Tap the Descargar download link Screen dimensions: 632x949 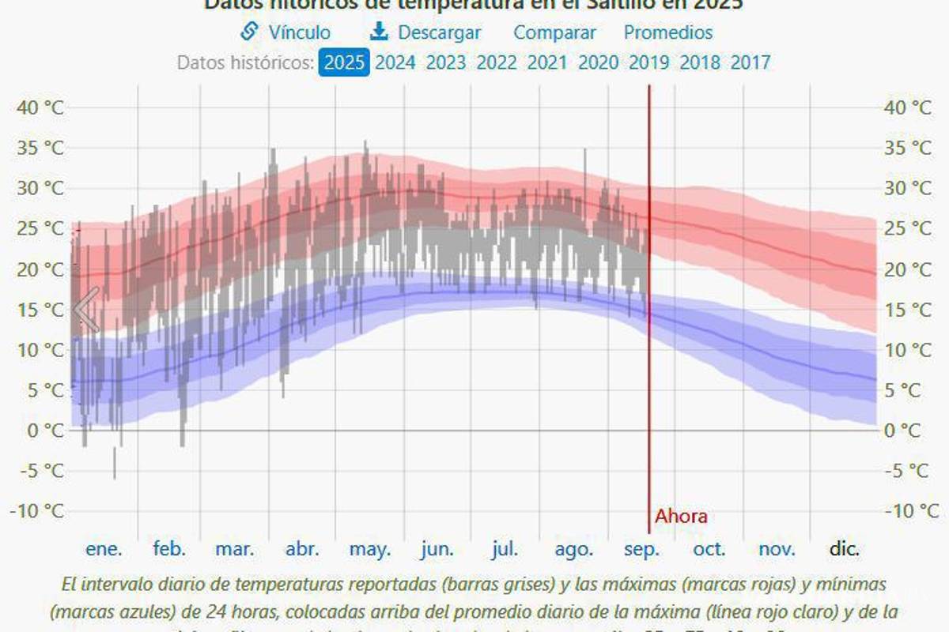[439, 32]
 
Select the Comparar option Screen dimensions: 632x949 [554, 32]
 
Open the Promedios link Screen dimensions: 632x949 [668, 32]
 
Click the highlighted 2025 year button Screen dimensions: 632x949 [344, 62]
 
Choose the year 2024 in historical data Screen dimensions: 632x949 [395, 62]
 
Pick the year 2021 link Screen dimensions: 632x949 [547, 62]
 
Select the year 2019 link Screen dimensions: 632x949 [648, 62]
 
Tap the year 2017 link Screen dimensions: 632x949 [750, 62]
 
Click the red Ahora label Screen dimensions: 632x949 [681, 517]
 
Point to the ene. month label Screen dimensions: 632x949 [104, 549]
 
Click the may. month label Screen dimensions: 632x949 [369, 549]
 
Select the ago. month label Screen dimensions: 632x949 [573, 549]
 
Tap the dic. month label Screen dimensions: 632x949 [844, 549]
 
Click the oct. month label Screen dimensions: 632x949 [709, 549]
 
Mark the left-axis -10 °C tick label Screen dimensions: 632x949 [37, 511]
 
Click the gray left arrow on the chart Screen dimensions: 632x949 [87, 310]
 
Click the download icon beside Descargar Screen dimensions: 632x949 [379, 32]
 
